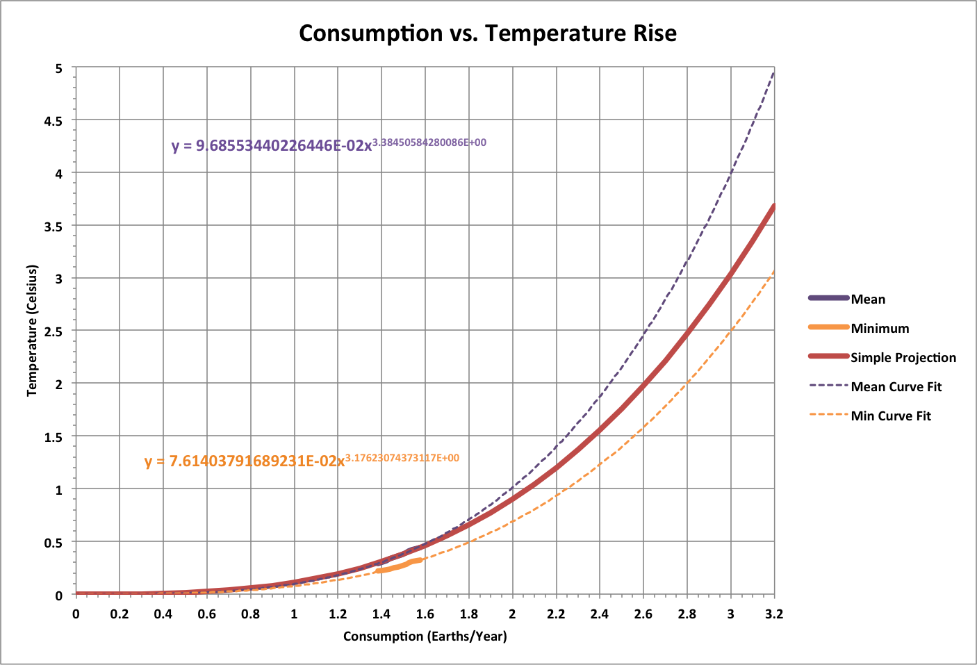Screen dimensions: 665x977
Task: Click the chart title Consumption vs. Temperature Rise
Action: click(x=488, y=33)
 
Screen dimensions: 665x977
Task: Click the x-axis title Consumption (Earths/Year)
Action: click(x=425, y=636)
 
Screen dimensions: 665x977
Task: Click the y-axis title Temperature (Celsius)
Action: click(x=32, y=331)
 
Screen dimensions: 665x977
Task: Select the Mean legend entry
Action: click(x=868, y=299)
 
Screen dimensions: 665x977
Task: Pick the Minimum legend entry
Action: click(x=880, y=329)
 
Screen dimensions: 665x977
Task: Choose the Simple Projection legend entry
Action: click(x=903, y=358)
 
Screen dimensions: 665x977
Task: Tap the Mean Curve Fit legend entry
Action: click(x=896, y=387)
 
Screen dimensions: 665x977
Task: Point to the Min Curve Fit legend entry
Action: click(x=890, y=416)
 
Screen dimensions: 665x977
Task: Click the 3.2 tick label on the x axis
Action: click(x=773, y=614)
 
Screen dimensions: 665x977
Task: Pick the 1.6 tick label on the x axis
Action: click(x=425, y=614)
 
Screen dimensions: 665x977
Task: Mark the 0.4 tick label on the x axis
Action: click(x=163, y=614)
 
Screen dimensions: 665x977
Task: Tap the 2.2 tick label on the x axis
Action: click(x=556, y=614)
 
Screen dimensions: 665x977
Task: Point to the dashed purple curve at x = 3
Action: click(x=730, y=173)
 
